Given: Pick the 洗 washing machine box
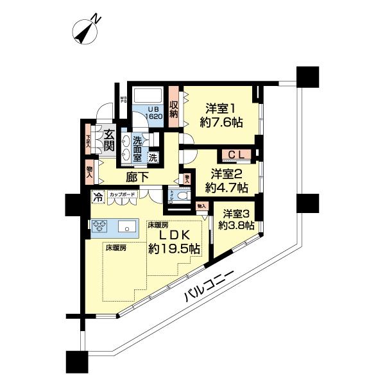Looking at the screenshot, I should (153, 157).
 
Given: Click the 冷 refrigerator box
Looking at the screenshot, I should (98, 197).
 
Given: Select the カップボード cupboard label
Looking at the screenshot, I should (122, 194).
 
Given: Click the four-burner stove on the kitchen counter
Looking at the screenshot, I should (101, 227).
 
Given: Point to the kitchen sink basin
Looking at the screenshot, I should (126, 227).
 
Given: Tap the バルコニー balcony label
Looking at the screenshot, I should (207, 285).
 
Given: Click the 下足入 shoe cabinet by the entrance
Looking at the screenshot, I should (89, 140).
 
